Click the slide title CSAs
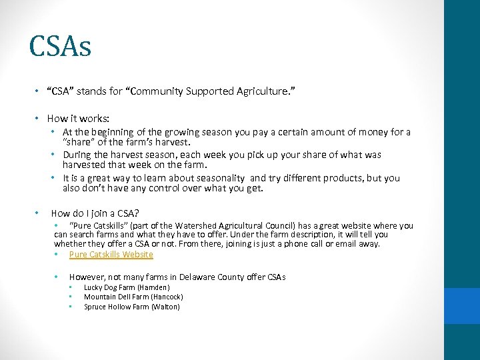pos(60,47)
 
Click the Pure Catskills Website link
pos(111,255)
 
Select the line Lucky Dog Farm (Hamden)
pos(127,287)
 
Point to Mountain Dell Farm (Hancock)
pos(133,297)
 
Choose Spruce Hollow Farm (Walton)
pos(131,307)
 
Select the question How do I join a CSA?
pos(95,213)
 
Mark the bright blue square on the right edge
pos(462,305)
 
